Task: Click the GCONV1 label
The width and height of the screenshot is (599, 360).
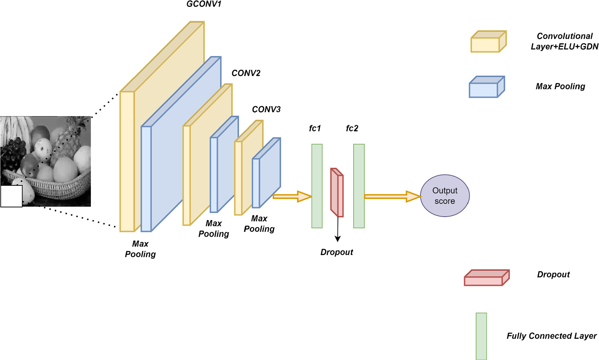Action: pyautogui.click(x=204, y=4)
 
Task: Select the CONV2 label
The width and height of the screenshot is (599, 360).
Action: pyautogui.click(x=246, y=73)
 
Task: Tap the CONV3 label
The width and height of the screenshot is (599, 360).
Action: pyautogui.click(x=266, y=109)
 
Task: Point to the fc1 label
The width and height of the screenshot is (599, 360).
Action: pyautogui.click(x=315, y=129)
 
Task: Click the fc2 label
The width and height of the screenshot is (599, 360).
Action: pyautogui.click(x=352, y=129)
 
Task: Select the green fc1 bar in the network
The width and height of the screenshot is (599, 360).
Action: pyautogui.click(x=317, y=186)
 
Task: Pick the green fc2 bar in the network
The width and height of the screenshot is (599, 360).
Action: pyautogui.click(x=359, y=186)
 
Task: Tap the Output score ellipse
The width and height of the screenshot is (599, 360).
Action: pyautogui.click(x=444, y=196)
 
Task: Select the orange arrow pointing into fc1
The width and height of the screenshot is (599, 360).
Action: pyautogui.click(x=292, y=196)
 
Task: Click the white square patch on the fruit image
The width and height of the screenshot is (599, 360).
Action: pyautogui.click(x=11, y=196)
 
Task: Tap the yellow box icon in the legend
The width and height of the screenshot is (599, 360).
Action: pyautogui.click(x=488, y=42)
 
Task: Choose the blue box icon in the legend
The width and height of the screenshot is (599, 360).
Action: pyautogui.click(x=486, y=87)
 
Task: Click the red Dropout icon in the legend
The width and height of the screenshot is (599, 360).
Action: pyautogui.click(x=486, y=278)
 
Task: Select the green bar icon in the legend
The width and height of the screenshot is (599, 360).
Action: pyautogui.click(x=481, y=336)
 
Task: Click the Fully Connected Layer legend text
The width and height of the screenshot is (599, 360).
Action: pyautogui.click(x=551, y=336)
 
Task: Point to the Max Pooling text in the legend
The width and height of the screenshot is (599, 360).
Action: pyautogui.click(x=560, y=86)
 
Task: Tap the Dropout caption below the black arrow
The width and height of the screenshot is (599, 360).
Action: pyautogui.click(x=337, y=252)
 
